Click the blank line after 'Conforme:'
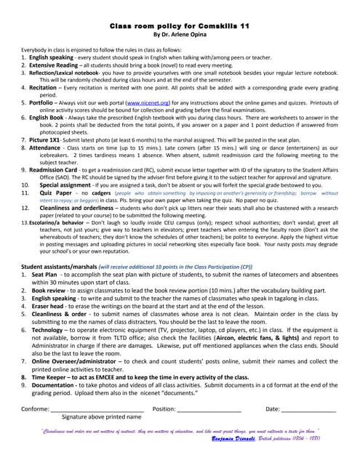pos(97,409)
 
